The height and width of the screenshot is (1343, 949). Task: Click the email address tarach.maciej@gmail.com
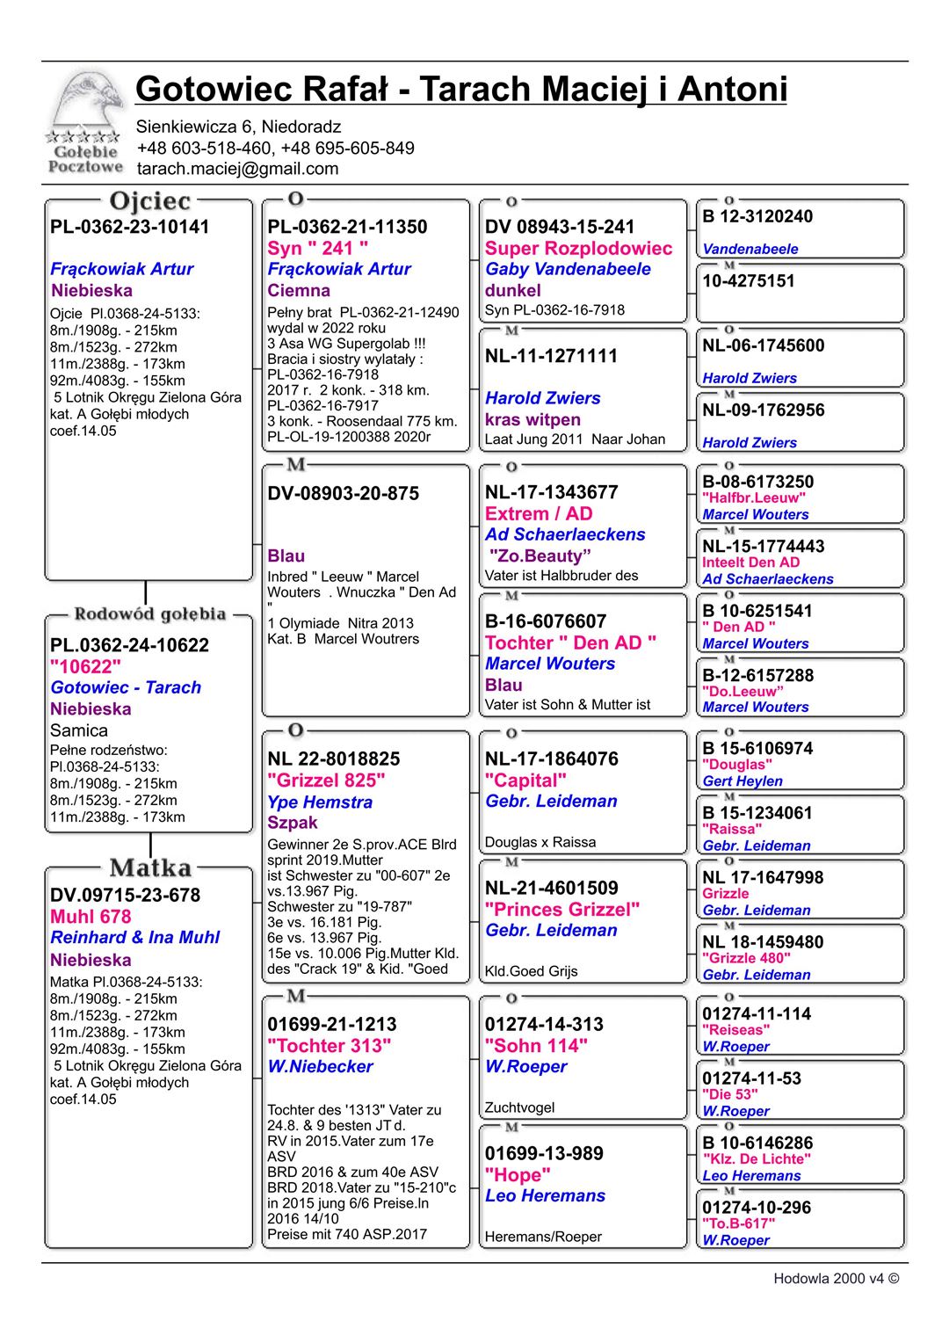pos(237,169)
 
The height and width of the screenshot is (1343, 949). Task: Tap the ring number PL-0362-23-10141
pos(130,227)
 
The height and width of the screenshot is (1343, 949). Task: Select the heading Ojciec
pos(150,201)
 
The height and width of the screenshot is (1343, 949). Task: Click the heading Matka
pos(150,868)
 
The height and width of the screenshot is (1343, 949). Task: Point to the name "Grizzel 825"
pos(326,780)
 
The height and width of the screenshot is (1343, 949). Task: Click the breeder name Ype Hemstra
pos(320,802)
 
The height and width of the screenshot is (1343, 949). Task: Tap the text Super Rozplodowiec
pos(578,249)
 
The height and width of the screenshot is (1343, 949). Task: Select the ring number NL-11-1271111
pos(551,356)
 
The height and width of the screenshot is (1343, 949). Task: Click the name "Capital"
pos(525,780)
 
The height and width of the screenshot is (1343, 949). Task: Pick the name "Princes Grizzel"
pos(562,910)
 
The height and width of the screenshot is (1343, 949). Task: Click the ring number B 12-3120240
pos(757,217)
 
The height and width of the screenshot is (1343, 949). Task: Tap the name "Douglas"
pos(736,765)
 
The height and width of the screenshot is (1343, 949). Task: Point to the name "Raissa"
pos(732,829)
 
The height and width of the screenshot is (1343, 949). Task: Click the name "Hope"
pos(518,1175)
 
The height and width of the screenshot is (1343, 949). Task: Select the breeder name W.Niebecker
pos(321,1066)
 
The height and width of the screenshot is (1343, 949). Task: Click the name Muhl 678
pos(91,917)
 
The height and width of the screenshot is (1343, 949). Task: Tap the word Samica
pos(79,730)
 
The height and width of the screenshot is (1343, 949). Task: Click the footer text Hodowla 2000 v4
pos(835,1279)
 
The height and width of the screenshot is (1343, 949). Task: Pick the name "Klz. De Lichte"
pos(756,1159)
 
